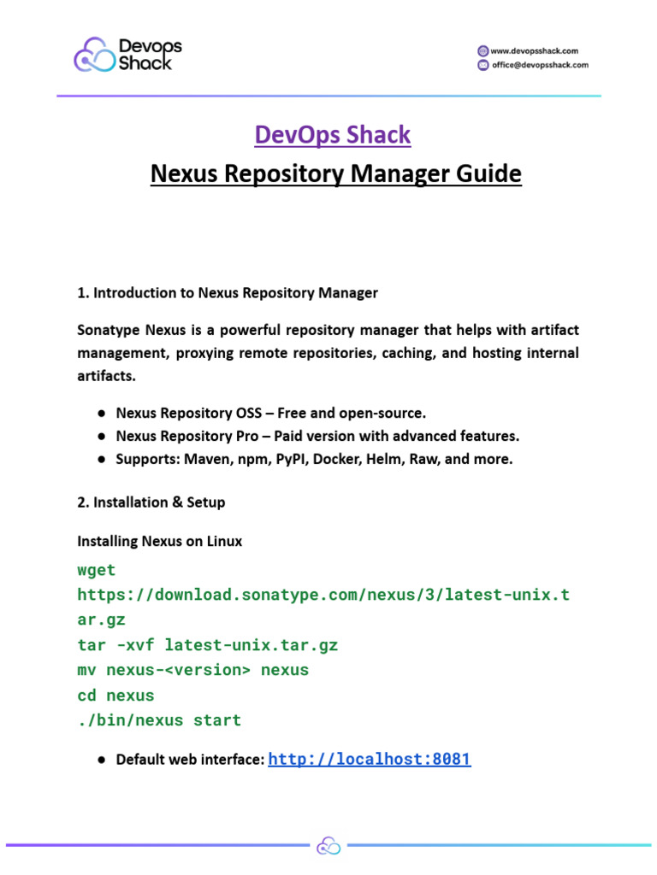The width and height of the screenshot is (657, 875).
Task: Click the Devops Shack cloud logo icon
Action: (94, 55)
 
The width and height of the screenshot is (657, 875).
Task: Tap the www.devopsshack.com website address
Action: (534, 50)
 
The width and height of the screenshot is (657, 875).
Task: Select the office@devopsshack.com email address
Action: (539, 65)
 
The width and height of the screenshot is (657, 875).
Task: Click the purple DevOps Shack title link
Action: (333, 135)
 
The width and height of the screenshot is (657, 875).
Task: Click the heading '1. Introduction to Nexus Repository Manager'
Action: (228, 293)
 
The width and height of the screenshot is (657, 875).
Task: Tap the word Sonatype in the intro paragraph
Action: (110, 330)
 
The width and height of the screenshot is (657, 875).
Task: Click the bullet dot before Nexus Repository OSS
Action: (101, 414)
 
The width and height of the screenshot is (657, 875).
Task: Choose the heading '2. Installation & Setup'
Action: (151, 502)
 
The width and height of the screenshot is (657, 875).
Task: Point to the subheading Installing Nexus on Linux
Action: (160, 542)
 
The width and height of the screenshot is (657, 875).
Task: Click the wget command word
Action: (96, 570)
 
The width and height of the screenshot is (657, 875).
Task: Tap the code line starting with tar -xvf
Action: (208, 645)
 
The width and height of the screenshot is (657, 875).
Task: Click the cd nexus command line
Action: (115, 696)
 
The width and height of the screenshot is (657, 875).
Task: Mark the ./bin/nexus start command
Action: (159, 720)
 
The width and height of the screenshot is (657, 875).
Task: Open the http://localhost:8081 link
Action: (370, 759)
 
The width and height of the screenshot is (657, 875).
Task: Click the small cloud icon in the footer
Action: (328, 846)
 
